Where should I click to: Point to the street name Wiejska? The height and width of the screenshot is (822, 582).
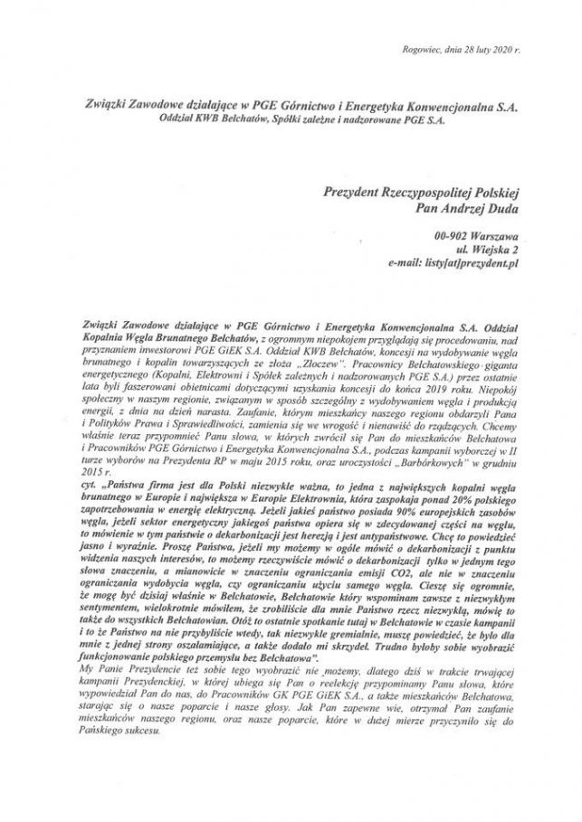pyautogui.click(x=486, y=248)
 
